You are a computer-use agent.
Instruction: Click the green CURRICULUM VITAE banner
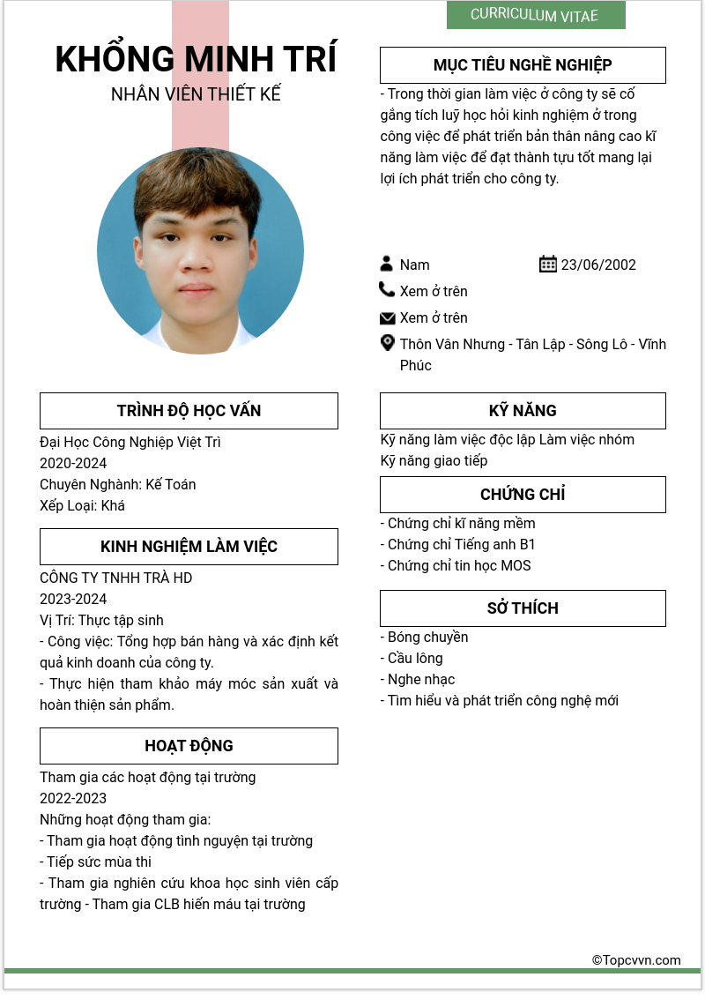click(535, 15)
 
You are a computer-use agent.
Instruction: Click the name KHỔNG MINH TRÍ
click(196, 59)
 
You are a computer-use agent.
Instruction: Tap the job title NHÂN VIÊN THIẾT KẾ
click(196, 94)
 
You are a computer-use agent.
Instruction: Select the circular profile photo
click(200, 250)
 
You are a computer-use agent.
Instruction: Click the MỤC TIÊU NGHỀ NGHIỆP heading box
click(523, 65)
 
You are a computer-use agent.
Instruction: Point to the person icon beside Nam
click(387, 264)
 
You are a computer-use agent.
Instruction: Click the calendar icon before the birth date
click(547, 264)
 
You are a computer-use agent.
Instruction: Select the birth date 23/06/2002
click(598, 265)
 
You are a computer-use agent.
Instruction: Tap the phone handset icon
click(387, 289)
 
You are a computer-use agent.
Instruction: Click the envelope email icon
click(387, 317)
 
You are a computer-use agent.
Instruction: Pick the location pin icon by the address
click(387, 343)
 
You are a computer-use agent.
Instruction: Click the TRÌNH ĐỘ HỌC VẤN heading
click(189, 411)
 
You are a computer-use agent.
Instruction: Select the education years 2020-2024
click(73, 463)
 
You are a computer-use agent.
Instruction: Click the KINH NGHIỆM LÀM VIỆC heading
click(189, 547)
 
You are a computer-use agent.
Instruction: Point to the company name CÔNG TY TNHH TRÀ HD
click(115, 578)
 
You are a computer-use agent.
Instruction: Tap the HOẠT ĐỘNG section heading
click(189, 746)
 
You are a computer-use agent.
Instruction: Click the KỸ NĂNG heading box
click(523, 411)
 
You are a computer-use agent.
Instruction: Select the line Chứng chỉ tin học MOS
click(456, 565)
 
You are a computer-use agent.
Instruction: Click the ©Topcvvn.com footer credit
click(636, 960)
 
